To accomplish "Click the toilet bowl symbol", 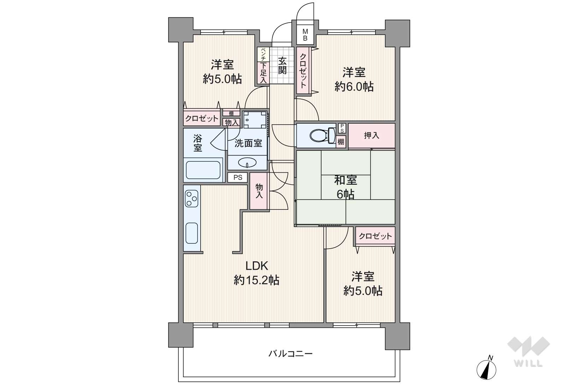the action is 322,135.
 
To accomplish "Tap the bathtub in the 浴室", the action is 203,170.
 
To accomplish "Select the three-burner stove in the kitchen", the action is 191,198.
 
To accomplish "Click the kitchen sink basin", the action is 191,233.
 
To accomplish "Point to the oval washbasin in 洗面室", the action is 247,162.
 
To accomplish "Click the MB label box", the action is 305,35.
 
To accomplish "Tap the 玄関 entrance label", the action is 282,66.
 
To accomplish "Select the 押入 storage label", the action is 371,135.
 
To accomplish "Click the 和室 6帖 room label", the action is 345,187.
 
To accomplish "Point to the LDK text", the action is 257,266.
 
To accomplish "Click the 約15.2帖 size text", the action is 256,280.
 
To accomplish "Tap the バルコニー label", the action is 290,353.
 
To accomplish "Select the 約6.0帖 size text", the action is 354,87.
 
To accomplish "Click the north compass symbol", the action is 486,369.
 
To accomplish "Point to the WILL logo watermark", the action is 528,351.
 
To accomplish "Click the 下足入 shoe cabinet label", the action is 263,73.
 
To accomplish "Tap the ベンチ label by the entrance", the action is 263,54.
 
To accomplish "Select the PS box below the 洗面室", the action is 238,178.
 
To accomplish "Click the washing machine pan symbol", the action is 255,120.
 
